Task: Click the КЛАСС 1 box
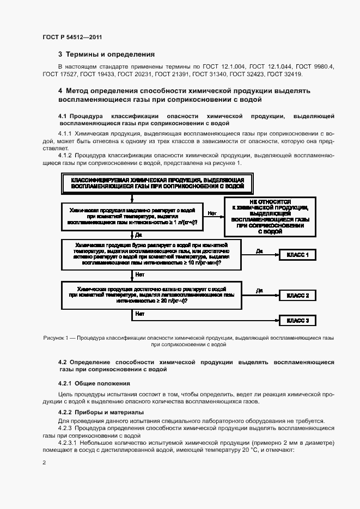coord(297,255)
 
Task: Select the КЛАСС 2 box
coord(297,296)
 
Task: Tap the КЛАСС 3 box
coord(297,321)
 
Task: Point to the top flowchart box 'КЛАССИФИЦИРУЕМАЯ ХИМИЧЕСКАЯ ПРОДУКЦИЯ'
coord(157,183)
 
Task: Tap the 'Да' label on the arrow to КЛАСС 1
coord(259,250)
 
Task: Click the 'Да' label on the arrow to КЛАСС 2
coord(259,291)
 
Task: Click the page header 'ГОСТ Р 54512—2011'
coord(72,37)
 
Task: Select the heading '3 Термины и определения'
coord(106,54)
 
